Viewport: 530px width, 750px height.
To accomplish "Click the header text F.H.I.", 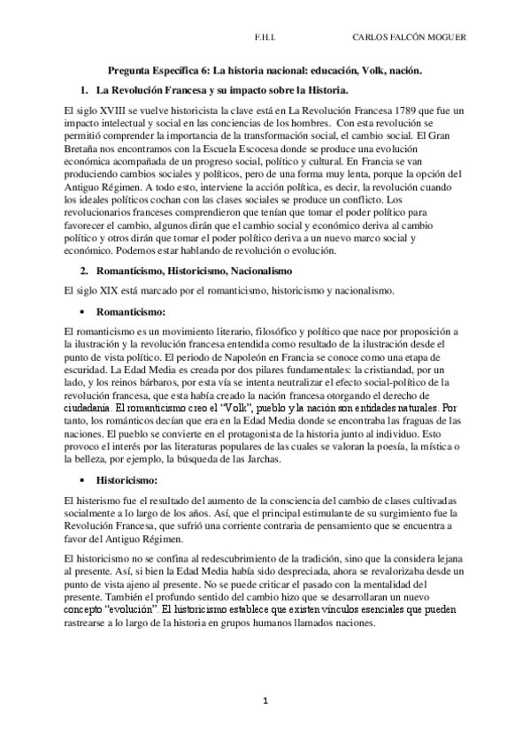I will click(264, 36).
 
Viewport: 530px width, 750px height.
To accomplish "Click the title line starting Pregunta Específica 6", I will click(265, 70).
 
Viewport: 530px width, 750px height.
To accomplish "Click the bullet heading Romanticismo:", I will click(139, 310).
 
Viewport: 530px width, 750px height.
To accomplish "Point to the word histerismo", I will click(96, 501).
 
